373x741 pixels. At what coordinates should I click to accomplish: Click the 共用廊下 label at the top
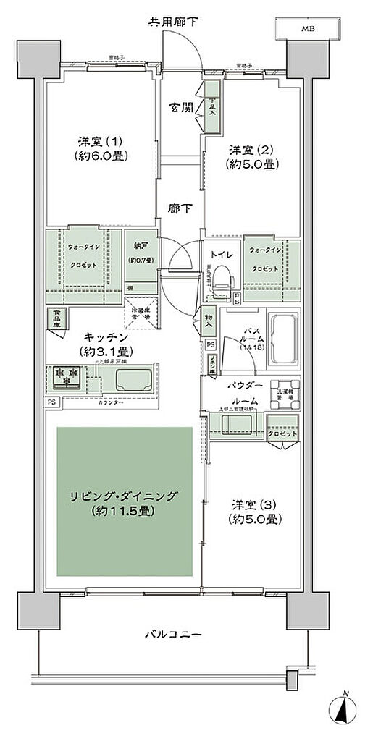tap(173, 22)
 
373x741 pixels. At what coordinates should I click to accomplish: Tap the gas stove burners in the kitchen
tap(66, 377)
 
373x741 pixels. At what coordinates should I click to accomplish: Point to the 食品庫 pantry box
tap(55, 317)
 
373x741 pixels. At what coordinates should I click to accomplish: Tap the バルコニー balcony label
tap(172, 635)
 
